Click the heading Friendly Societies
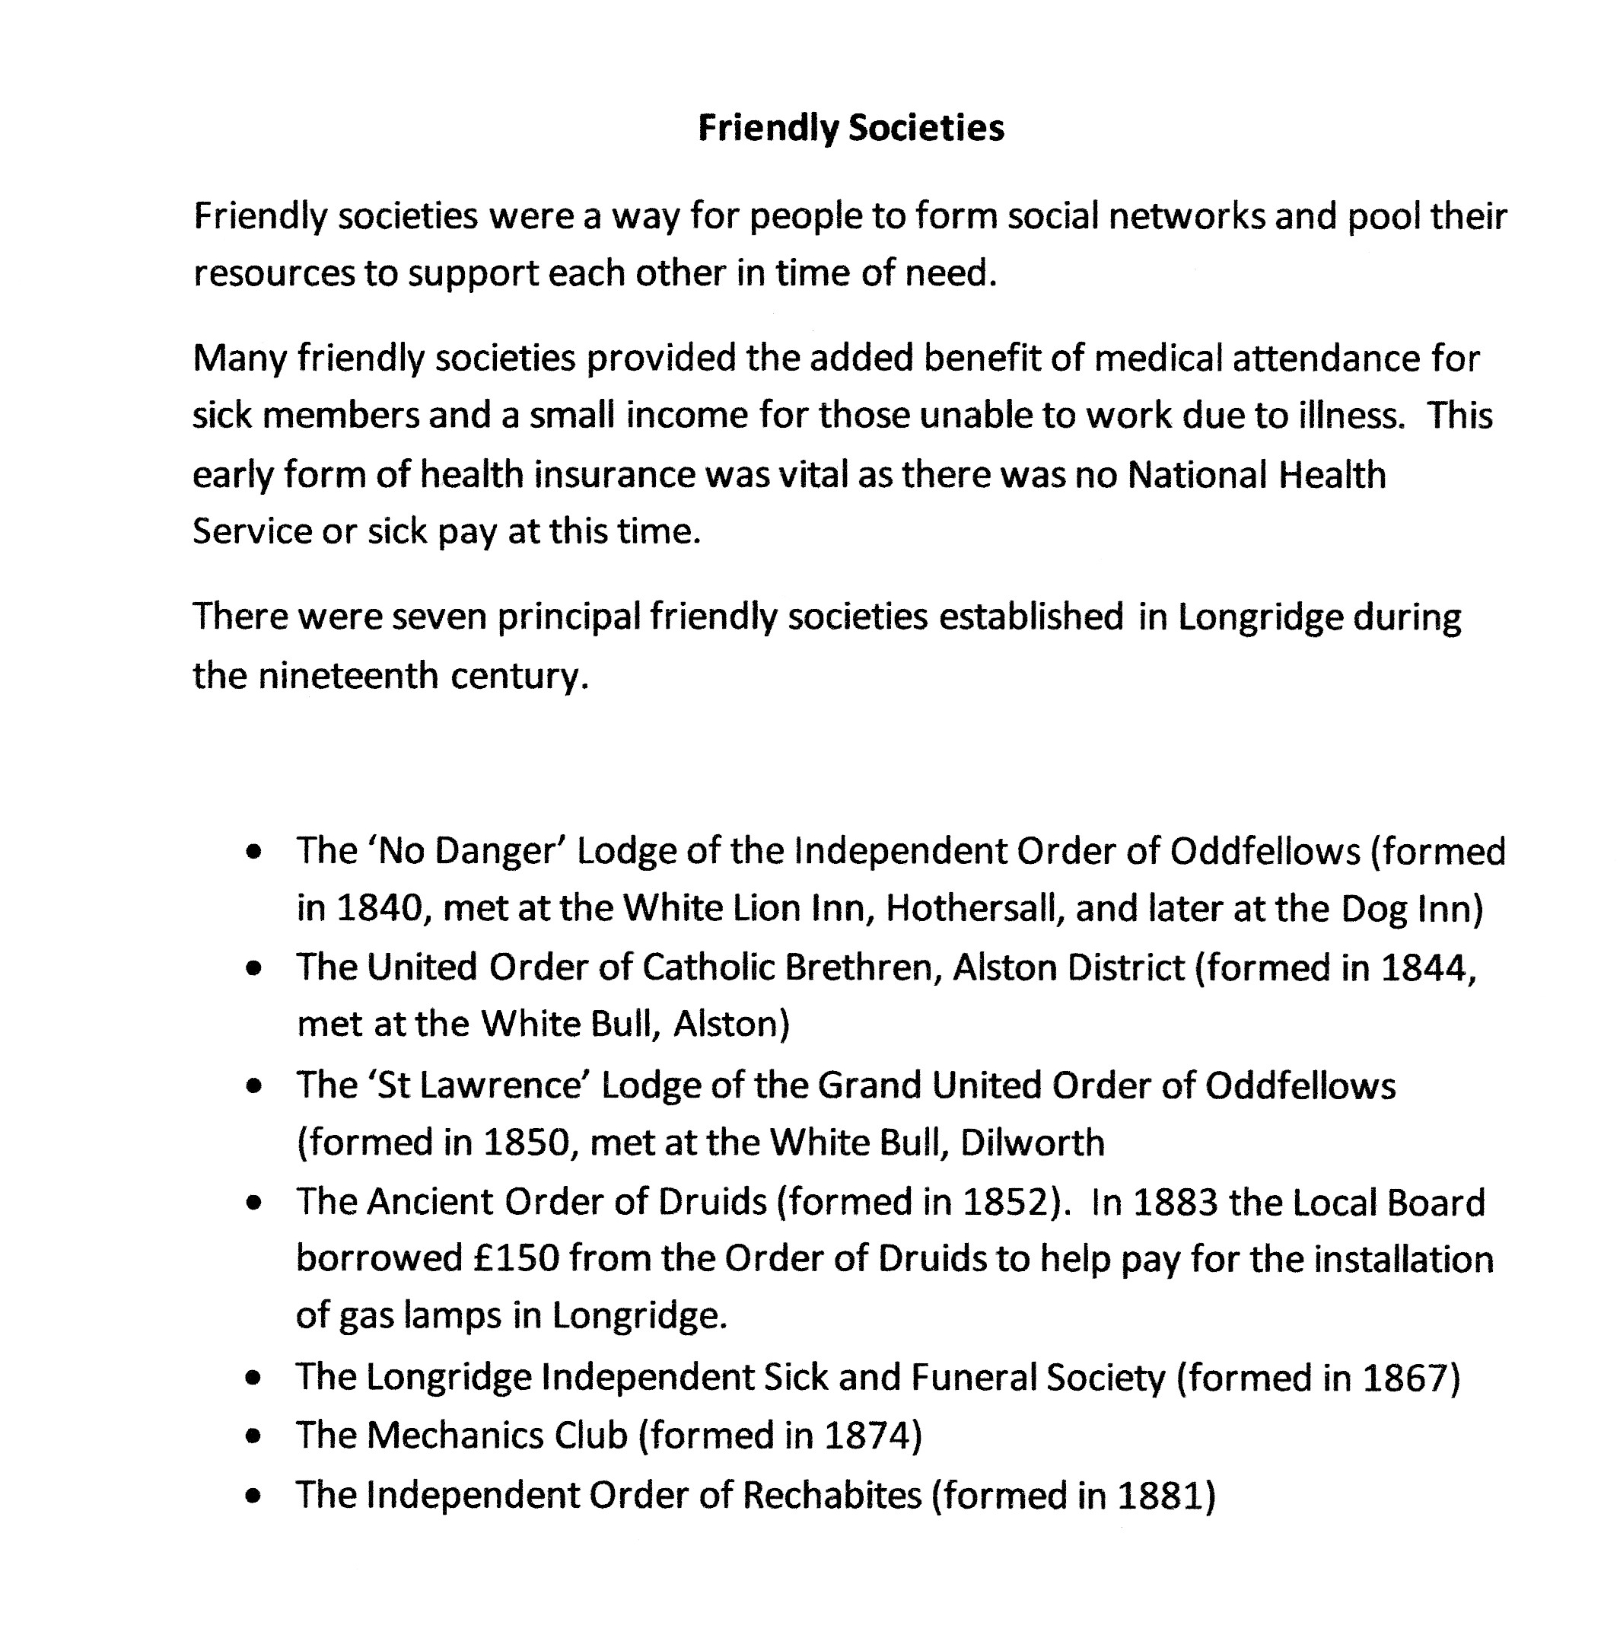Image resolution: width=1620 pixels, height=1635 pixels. [x=850, y=129]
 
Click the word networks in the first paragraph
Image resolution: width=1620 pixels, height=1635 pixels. [x=1186, y=217]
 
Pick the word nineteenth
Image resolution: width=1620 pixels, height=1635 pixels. [x=348, y=675]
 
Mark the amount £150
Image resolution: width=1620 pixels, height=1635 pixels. [x=516, y=1259]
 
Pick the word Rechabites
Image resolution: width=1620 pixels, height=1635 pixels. [x=832, y=1496]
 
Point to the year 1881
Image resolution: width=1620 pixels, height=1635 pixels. [x=1159, y=1496]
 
